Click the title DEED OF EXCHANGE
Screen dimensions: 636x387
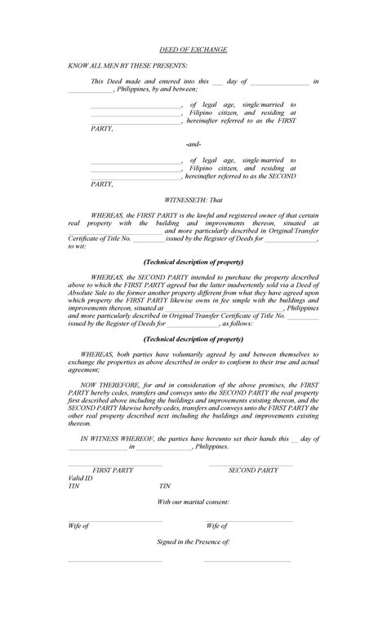pos(193,50)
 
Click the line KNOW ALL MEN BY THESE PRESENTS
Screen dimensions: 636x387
pos(128,64)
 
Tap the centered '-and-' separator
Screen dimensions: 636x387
pos(193,144)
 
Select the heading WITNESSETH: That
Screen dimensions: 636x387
pos(193,199)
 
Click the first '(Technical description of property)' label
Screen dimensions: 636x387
pos(193,263)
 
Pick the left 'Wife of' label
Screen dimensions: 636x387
pos(78,526)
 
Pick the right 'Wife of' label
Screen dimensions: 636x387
pos(216,526)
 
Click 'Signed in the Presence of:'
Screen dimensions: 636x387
pos(193,541)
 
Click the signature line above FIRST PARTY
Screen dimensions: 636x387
pos(115,466)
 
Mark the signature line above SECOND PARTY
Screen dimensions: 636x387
pos(251,466)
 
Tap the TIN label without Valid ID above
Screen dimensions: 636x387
pos(163,486)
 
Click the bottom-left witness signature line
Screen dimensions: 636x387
pos(115,562)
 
